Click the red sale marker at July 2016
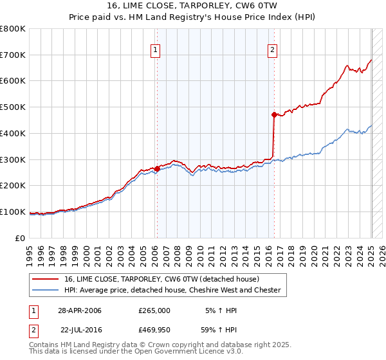click(274, 115)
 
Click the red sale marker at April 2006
click(157, 168)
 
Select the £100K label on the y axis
click(13, 212)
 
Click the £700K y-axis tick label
click(13, 55)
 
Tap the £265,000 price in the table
click(154, 310)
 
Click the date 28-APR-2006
click(80, 310)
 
